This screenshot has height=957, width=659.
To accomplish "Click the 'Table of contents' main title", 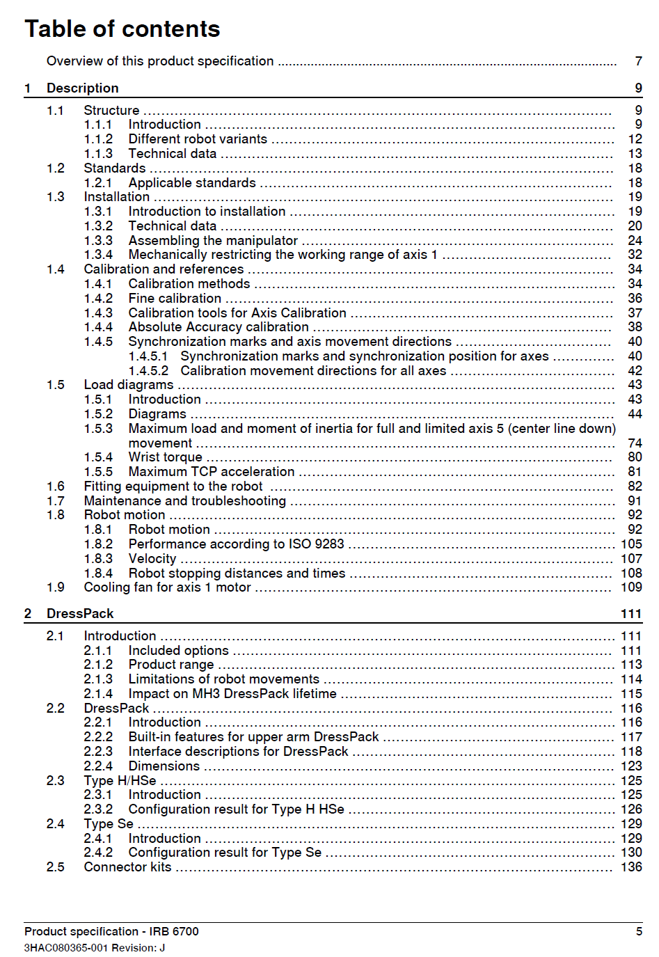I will coord(122,29).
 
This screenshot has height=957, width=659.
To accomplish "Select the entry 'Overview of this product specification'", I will coord(160,61).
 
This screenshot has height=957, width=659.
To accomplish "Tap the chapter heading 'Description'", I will coord(82,88).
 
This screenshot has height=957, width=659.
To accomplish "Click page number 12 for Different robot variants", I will coord(635,139).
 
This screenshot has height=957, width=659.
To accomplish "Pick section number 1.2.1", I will coord(98,183).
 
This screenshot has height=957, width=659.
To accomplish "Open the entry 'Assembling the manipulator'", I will coord(213,241).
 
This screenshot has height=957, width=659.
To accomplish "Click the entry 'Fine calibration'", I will coord(175,299).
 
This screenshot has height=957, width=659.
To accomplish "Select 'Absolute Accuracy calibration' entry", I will coord(219,327).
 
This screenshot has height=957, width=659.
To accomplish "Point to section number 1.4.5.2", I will coord(148,371).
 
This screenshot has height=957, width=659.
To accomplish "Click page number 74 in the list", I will coord(635,443).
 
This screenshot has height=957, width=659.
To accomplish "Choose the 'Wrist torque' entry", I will coord(165,457).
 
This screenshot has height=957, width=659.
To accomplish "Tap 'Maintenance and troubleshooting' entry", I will coord(184,501).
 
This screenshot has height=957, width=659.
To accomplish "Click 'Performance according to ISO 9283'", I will coord(236,544).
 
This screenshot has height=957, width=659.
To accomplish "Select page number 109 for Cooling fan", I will coord(631,587).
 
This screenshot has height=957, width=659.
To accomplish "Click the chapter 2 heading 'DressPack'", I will coord(80,614).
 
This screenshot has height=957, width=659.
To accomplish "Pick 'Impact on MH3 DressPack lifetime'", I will coord(232,694).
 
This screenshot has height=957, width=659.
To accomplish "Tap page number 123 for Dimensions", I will coord(631,766).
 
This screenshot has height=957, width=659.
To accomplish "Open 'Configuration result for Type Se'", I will coord(225,853).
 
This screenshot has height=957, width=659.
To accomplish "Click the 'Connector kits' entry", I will coord(127,867).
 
